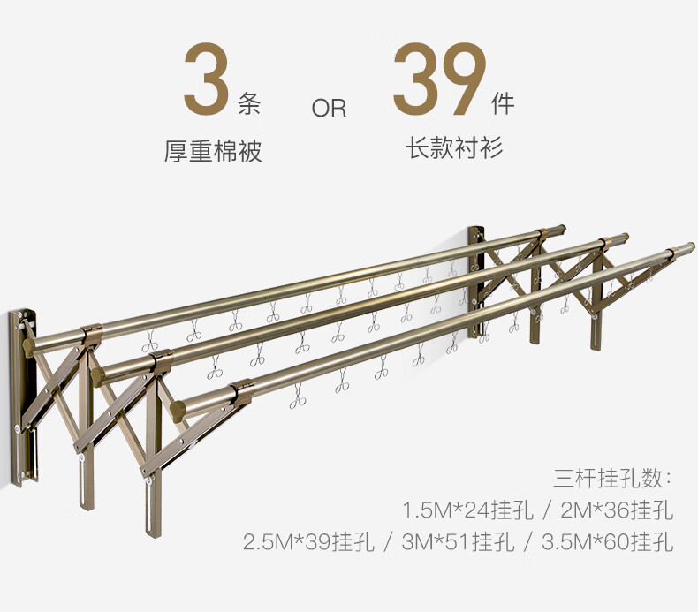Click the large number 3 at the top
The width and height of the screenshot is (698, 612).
click(x=207, y=80)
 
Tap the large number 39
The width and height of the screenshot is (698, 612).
click(x=440, y=80)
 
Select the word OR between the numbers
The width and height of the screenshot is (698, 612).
click(x=329, y=109)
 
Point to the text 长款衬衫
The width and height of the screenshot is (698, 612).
click(x=454, y=147)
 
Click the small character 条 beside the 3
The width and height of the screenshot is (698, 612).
click(x=250, y=106)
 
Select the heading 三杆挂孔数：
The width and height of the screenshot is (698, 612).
click(x=612, y=480)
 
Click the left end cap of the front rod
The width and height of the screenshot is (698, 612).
click(x=180, y=408)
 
